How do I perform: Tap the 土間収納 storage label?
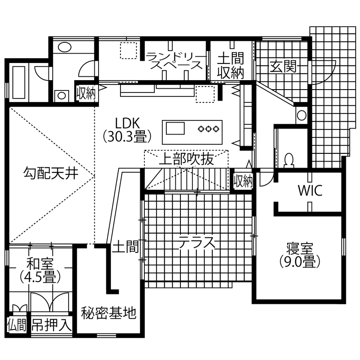click(230, 66)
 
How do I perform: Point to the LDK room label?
click(127, 122)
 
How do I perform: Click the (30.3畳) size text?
click(127, 136)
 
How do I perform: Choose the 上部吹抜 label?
click(186, 159)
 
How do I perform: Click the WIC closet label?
click(310, 190)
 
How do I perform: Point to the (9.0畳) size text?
click(300, 261)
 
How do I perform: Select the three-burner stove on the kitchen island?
click(209, 128)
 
